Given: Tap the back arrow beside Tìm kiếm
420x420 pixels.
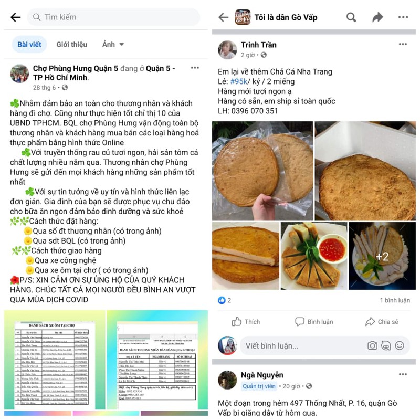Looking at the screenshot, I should tap(15, 17).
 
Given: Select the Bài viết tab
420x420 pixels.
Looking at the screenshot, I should tap(29, 45).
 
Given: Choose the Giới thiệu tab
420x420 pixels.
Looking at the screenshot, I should tap(72, 45).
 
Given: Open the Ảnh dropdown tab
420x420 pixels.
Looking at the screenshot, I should tap(113, 45).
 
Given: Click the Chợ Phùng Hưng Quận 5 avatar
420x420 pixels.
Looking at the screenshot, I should tap(19, 73).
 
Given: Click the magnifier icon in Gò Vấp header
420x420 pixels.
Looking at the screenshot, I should tap(351, 17).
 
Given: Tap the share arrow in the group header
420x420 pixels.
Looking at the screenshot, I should tap(377, 17).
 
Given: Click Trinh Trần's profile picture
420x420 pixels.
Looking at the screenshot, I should tap(227, 49).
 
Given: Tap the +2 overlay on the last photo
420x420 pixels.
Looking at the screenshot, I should tap(382, 257).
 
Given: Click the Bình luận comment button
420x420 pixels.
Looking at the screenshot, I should tap(314, 322).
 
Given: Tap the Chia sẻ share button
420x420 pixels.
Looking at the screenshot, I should tap(382, 322).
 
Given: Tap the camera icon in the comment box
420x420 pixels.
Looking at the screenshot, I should tap(372, 345).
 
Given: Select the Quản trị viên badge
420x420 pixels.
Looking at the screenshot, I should tap(259, 386).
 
